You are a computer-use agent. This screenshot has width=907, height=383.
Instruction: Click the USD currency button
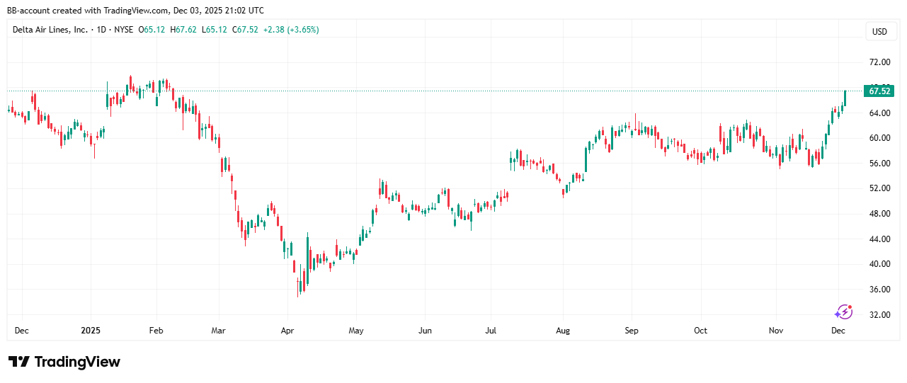click(x=879, y=32)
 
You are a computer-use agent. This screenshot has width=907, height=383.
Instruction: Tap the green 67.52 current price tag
click(x=879, y=91)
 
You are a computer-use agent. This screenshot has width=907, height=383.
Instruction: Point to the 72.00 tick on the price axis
click(x=879, y=62)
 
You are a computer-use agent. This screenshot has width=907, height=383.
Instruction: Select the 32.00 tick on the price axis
click(x=879, y=315)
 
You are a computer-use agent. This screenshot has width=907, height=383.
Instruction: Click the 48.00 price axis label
click(x=879, y=214)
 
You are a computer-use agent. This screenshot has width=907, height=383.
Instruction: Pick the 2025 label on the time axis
click(x=91, y=331)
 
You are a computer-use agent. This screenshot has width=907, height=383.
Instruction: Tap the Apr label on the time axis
click(x=287, y=331)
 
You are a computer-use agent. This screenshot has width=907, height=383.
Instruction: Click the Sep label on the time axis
click(x=632, y=331)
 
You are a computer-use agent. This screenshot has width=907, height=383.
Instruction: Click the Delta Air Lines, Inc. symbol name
click(x=50, y=30)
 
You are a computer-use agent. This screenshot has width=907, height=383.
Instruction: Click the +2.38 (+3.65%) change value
click(x=290, y=30)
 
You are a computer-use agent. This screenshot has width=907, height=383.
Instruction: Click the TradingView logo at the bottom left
click(x=64, y=362)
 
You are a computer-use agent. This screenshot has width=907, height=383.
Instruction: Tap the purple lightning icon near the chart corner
click(x=843, y=312)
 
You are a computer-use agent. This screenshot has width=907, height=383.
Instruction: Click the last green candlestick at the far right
click(x=845, y=98)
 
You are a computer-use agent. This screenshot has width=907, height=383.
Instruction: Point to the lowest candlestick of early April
click(x=299, y=286)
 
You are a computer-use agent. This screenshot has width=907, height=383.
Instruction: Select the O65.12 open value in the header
click(x=152, y=30)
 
